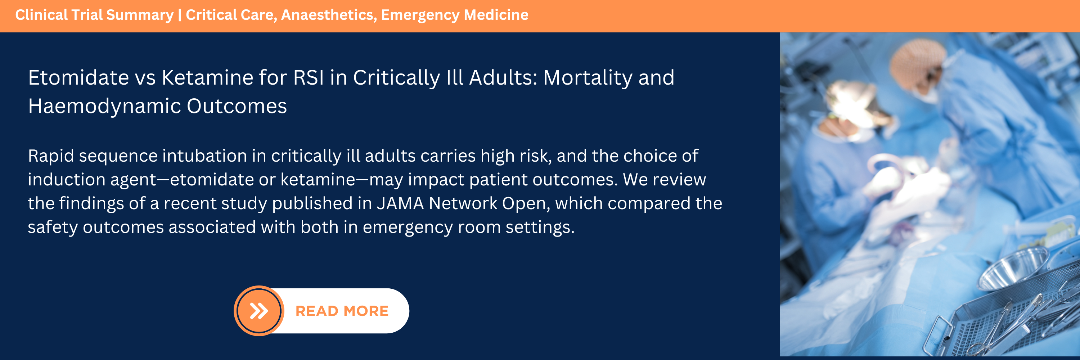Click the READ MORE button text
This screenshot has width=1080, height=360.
point(342,311)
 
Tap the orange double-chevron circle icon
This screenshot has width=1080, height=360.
point(259,311)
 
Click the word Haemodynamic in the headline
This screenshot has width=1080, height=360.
point(104,106)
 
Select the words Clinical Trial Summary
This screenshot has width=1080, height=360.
point(94,15)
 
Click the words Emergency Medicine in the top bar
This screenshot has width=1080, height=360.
point(454,15)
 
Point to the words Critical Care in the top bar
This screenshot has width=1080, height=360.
point(231,15)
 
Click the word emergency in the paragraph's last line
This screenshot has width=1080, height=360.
point(408,228)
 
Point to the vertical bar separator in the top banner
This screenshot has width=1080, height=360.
point(179,15)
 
